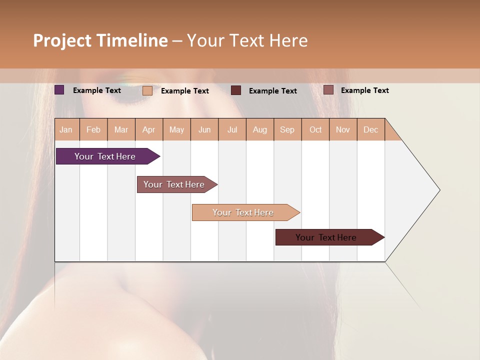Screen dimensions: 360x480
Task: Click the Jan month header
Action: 66,129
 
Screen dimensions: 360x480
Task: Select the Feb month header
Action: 93,129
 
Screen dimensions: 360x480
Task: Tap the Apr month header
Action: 149,129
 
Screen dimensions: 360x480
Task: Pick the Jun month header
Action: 204,129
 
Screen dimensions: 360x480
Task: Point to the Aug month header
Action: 260,129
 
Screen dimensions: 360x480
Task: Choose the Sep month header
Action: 287,129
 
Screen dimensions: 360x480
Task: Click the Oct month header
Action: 315,129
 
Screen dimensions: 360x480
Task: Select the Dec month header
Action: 371,129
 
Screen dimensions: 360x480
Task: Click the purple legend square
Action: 59,90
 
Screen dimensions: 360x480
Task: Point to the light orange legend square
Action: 147,90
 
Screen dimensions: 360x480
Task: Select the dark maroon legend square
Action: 236,90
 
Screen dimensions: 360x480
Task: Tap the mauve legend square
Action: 328,90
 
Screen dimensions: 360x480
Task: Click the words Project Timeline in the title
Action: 100,40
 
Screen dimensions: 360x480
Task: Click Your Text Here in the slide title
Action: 247,40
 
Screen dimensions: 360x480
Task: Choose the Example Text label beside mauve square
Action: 364,90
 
